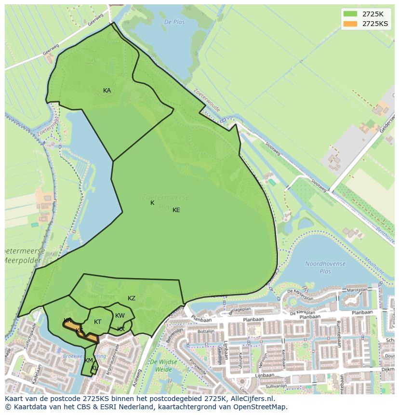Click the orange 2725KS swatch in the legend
(x=350, y=24)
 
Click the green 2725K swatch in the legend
(x=350, y=13)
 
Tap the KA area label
(x=107, y=91)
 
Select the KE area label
(x=176, y=210)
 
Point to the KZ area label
(x=132, y=298)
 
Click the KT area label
(x=98, y=322)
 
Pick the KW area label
(x=120, y=316)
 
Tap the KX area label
(x=121, y=329)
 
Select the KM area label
(x=89, y=361)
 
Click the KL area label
(x=95, y=368)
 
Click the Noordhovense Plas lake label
(x=325, y=268)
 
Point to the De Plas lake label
(x=174, y=22)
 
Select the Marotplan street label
(x=357, y=290)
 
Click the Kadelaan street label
(x=36, y=373)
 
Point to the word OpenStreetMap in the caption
(x=263, y=407)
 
